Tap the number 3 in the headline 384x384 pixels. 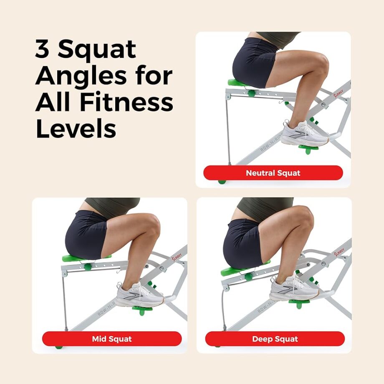pos(43,49)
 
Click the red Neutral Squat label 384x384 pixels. pos(273,173)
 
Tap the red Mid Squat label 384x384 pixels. pos(112,339)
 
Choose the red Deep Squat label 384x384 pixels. pos(275,339)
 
